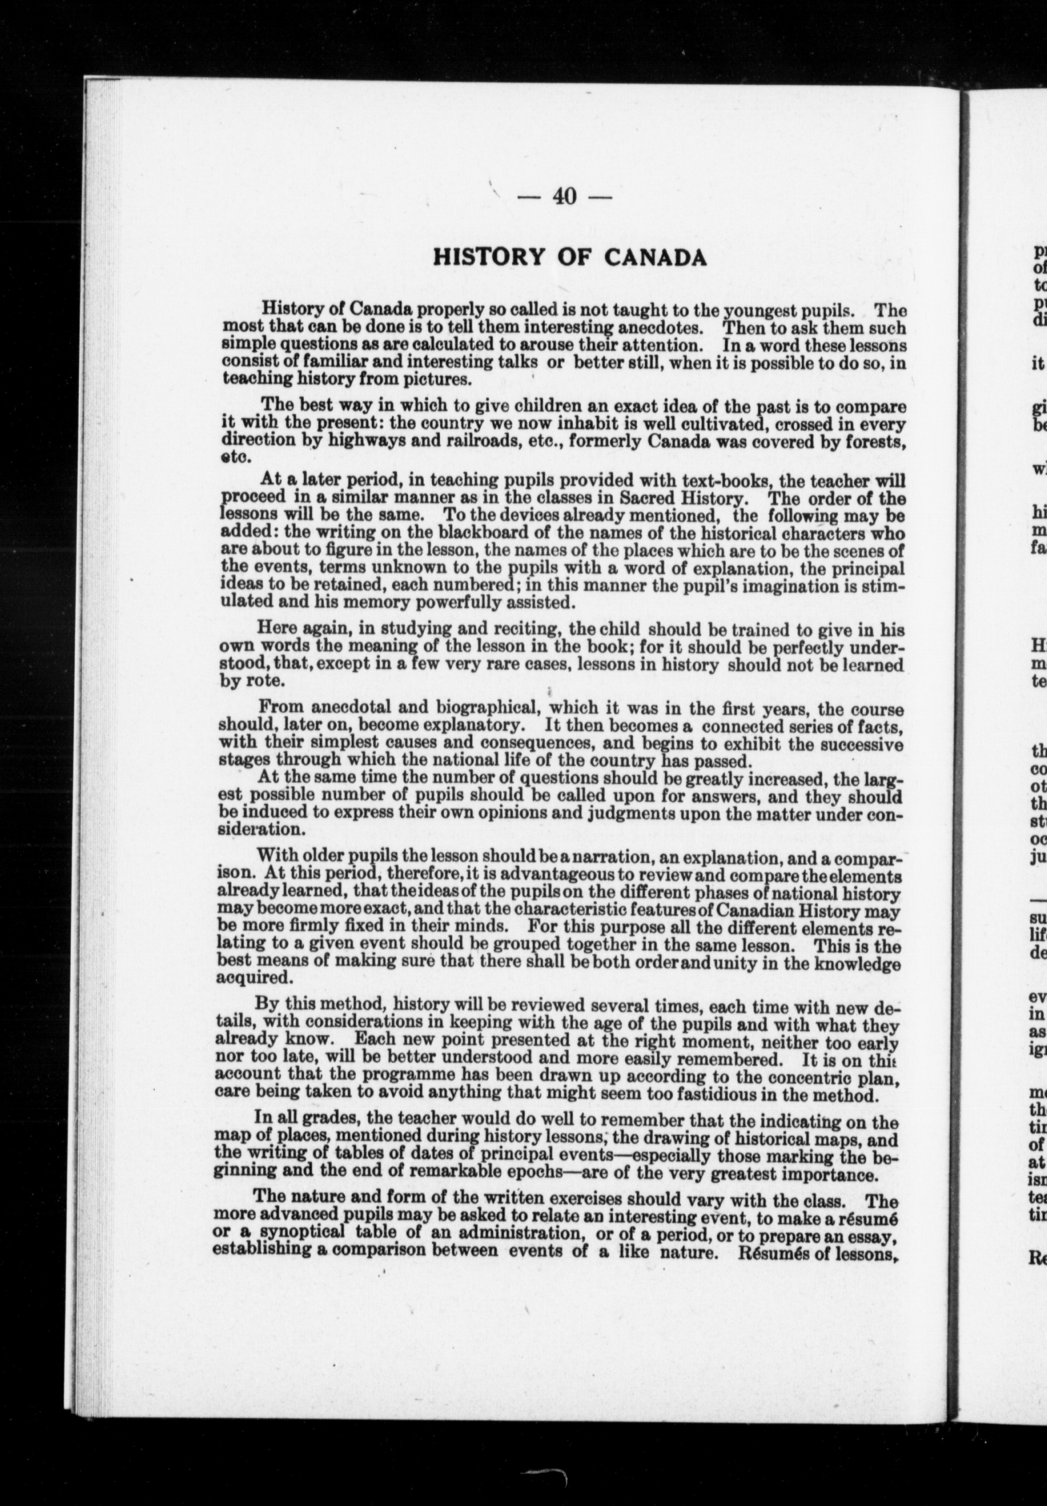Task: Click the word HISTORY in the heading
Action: point(489,258)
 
